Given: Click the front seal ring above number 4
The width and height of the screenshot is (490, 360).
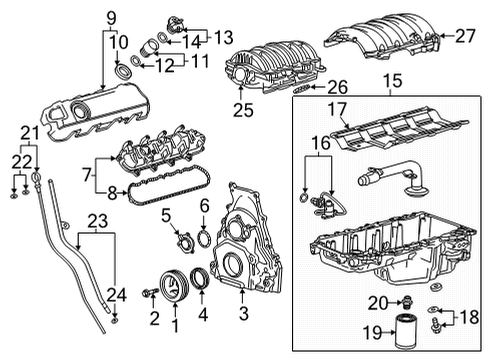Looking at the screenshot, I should [204, 279].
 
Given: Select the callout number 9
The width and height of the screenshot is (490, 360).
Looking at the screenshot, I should [111, 17].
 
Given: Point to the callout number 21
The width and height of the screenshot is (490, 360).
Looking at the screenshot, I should [29, 133].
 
